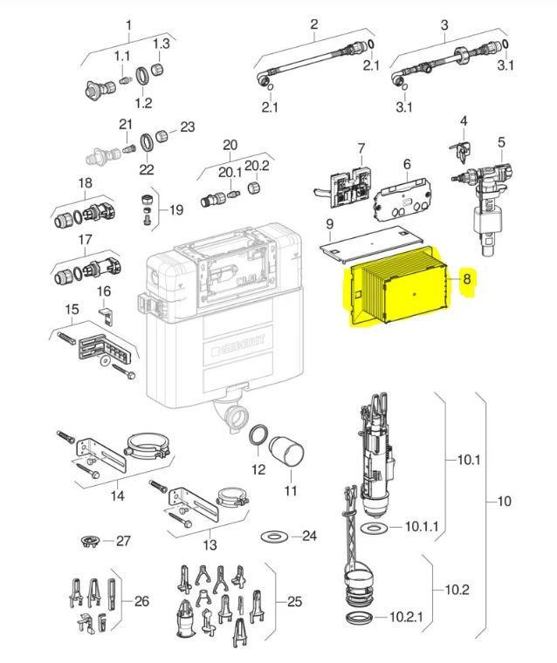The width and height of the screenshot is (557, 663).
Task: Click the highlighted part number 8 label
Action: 467,278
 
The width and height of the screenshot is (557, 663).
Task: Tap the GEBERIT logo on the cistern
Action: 238,345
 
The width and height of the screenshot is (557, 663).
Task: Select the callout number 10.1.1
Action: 421,526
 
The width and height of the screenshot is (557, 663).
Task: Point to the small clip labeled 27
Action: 90,541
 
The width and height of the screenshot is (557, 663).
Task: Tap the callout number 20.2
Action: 257,166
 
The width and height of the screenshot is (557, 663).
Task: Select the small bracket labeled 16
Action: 107,316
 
